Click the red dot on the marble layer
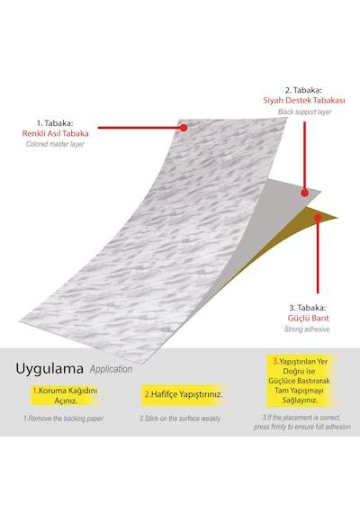pyautogui.click(x=184, y=128)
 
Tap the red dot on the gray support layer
pyautogui.click(x=305, y=193)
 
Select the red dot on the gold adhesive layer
pyautogui.click(x=318, y=217)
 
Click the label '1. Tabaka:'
pyautogui.click(x=55, y=123)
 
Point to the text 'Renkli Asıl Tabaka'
pyautogui.click(x=55, y=133)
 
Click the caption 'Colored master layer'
pyautogui.click(x=55, y=144)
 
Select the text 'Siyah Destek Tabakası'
pyautogui.click(x=304, y=101)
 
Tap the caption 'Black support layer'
pyautogui.click(x=305, y=112)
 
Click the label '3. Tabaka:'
pyautogui.click(x=308, y=308)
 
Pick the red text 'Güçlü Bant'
pyautogui.click(x=308, y=318)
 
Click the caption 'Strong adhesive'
pyautogui.click(x=307, y=329)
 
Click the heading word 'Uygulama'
pyautogui.click(x=49, y=369)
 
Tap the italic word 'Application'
pyautogui.click(x=111, y=369)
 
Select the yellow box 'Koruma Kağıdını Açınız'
pyautogui.click(x=65, y=395)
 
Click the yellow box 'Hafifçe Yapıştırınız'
pyautogui.click(x=184, y=395)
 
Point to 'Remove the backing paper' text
pyautogui.click(x=63, y=418)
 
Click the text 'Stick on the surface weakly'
pyautogui.click(x=180, y=418)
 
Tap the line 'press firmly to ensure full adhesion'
pyautogui.click(x=302, y=427)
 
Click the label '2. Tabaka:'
pyautogui.click(x=303, y=90)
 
